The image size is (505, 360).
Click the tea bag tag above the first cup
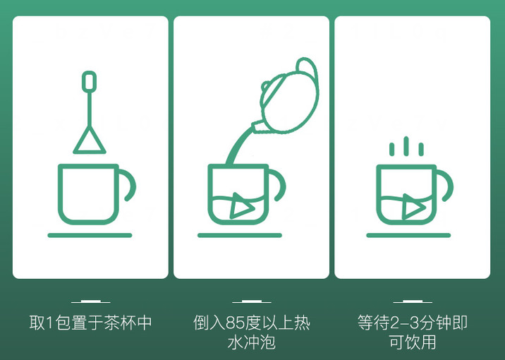[x=89, y=82]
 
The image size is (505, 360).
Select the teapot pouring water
[x=286, y=97]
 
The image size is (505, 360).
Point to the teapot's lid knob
[x=266, y=86]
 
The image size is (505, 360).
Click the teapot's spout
[x=257, y=126]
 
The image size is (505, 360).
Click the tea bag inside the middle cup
[x=242, y=206]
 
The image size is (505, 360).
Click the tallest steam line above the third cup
[x=406, y=146]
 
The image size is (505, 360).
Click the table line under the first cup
[x=90, y=235]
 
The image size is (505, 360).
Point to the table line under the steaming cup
[x=408, y=235]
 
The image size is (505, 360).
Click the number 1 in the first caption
[x=49, y=323]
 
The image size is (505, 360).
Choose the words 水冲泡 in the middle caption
[x=252, y=342]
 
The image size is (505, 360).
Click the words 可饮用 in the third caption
[x=412, y=342]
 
